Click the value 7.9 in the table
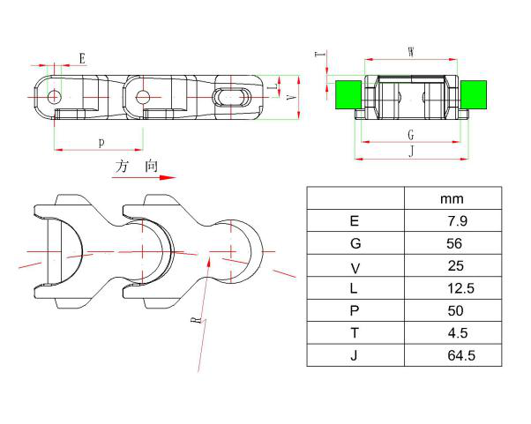(x=451, y=221)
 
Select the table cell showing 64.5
(x=452, y=355)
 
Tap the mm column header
(x=452, y=198)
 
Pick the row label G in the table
(x=355, y=243)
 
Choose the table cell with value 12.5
(x=452, y=288)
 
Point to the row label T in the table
(x=355, y=333)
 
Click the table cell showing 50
(x=452, y=310)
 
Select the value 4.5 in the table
(x=452, y=333)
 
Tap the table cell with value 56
(x=452, y=243)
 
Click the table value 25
(x=452, y=265)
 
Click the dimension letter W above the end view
(x=411, y=52)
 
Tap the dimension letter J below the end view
(x=411, y=152)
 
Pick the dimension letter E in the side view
(x=82, y=58)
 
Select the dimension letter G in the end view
(x=411, y=134)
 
